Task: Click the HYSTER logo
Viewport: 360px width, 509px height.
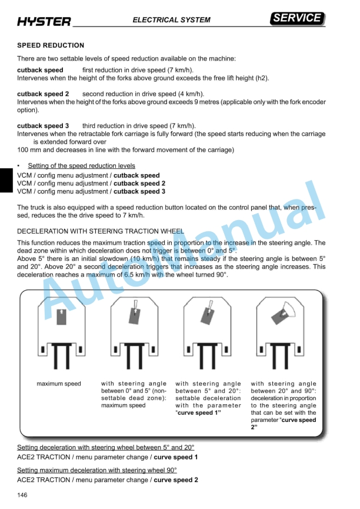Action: tap(44, 22)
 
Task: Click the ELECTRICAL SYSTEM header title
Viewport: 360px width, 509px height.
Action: tap(171, 20)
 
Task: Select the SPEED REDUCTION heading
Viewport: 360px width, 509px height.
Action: tap(51, 45)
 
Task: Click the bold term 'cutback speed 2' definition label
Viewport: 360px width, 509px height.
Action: tap(43, 94)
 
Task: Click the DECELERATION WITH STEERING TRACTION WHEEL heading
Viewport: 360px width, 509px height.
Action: tap(101, 231)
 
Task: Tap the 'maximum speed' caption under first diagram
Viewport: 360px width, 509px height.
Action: tap(59, 384)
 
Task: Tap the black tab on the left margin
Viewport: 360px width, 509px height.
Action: tap(6, 179)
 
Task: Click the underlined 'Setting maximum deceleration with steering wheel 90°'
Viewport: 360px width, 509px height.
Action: tap(97, 470)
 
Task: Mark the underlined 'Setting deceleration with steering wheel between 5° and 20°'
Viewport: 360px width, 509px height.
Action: tap(105, 448)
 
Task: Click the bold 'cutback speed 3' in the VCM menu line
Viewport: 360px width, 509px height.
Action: tap(139, 191)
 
